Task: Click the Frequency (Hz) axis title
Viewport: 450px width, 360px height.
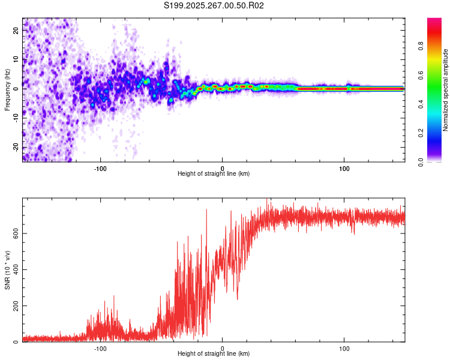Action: [x=7, y=90]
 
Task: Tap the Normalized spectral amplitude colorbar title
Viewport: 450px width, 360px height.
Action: [x=446, y=90]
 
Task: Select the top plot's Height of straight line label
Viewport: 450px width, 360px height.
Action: [x=214, y=173]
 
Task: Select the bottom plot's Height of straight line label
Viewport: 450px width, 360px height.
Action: [x=214, y=354]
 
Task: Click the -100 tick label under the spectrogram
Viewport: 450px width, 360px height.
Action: [x=100, y=167]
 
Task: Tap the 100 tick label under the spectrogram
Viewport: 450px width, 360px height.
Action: [x=344, y=167]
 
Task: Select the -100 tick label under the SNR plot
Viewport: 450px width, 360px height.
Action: [x=100, y=348]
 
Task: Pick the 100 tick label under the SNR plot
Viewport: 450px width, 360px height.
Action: [x=344, y=348]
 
